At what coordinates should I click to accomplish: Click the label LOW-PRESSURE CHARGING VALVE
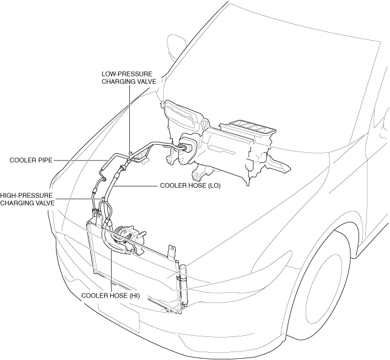pos(127,78)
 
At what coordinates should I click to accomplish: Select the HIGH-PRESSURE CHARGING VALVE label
pos(27,199)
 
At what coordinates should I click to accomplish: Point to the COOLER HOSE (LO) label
pos(190,186)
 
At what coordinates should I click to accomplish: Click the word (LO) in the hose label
pos(213,186)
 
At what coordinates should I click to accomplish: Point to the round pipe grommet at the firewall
pos(184,146)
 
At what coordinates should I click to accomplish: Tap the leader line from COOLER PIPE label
pos(79,161)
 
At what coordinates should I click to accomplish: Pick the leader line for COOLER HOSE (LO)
pos(133,186)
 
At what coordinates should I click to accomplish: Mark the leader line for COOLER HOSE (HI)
pos(112,267)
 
